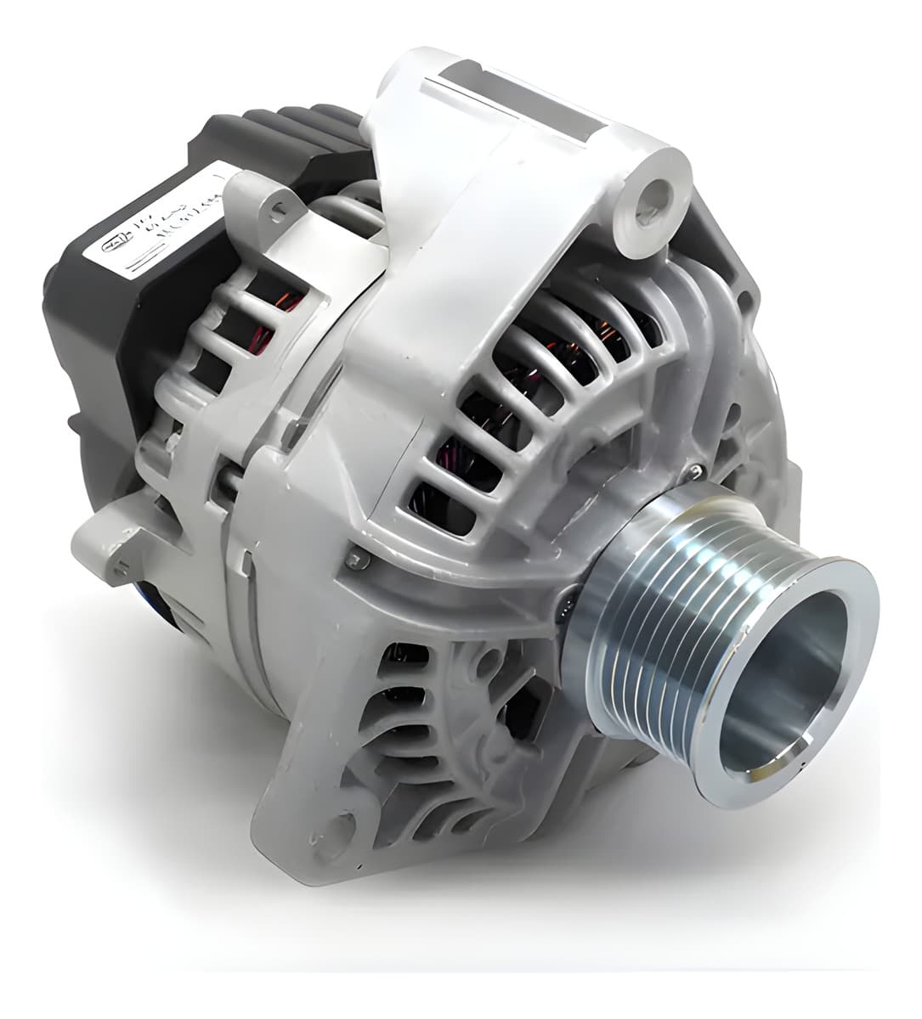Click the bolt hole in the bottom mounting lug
(x=341, y=825)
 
